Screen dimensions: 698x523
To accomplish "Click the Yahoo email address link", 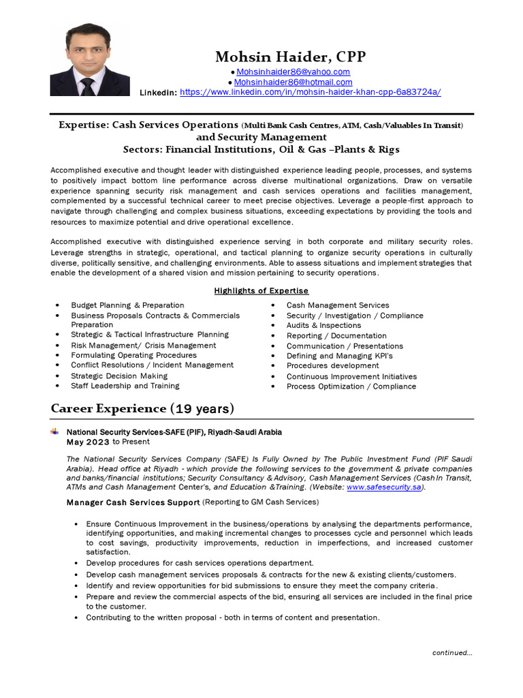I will click(293, 72).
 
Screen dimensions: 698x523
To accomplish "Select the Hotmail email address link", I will click(294, 82).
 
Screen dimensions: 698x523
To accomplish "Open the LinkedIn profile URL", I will click(310, 91).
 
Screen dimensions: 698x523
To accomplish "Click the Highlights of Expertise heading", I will click(261, 290).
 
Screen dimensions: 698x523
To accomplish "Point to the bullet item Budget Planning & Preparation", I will click(127, 305).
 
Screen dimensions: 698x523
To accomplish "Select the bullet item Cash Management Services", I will click(338, 305).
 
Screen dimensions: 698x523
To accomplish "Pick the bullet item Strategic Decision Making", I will click(119, 376).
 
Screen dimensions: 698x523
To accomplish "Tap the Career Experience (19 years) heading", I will click(142, 408).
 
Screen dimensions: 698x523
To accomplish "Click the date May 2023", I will click(88, 442).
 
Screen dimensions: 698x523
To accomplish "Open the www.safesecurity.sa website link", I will click(384, 487).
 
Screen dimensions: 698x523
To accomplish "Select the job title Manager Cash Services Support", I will click(133, 502).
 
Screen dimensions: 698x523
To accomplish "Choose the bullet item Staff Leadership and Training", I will click(125, 385).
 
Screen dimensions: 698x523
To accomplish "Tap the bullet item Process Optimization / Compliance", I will click(351, 386).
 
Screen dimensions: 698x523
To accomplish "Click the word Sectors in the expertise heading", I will click(142, 149).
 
